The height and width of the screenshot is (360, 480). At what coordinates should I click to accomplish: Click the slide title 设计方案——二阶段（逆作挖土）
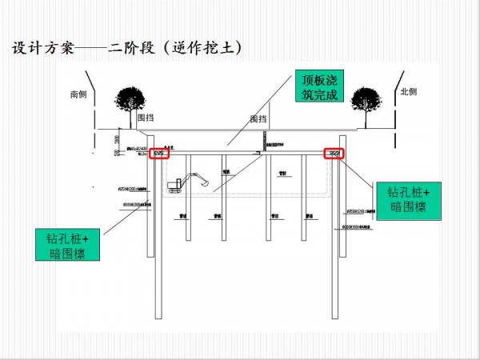click(x=127, y=48)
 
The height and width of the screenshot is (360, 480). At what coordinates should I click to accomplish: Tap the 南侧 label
click(x=78, y=94)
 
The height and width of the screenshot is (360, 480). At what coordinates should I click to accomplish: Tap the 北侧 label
click(x=409, y=93)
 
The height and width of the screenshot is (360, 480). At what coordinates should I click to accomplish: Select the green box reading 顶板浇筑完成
click(x=320, y=88)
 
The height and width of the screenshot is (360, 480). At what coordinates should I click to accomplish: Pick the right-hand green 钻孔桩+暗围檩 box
click(x=409, y=199)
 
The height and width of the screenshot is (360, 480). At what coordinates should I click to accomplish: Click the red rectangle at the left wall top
click(x=158, y=153)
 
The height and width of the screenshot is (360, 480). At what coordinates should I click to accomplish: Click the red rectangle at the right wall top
click(x=334, y=153)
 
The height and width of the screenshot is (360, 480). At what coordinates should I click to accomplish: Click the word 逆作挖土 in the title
click(x=205, y=48)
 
